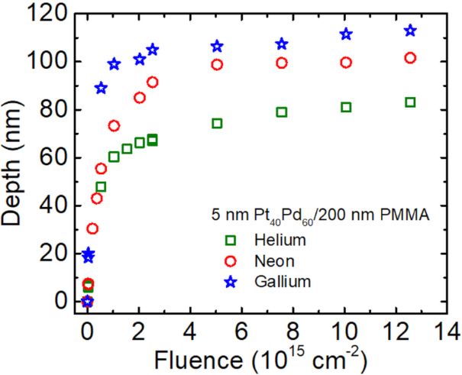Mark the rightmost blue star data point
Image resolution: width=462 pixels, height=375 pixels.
(410, 31)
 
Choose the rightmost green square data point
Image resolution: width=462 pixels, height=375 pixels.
(410, 102)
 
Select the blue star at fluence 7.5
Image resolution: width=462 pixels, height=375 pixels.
(282, 44)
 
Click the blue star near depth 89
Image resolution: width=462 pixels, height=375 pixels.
(101, 88)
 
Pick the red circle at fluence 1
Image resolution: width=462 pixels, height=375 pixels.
(114, 125)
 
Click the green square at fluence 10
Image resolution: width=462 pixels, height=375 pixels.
(346, 107)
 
